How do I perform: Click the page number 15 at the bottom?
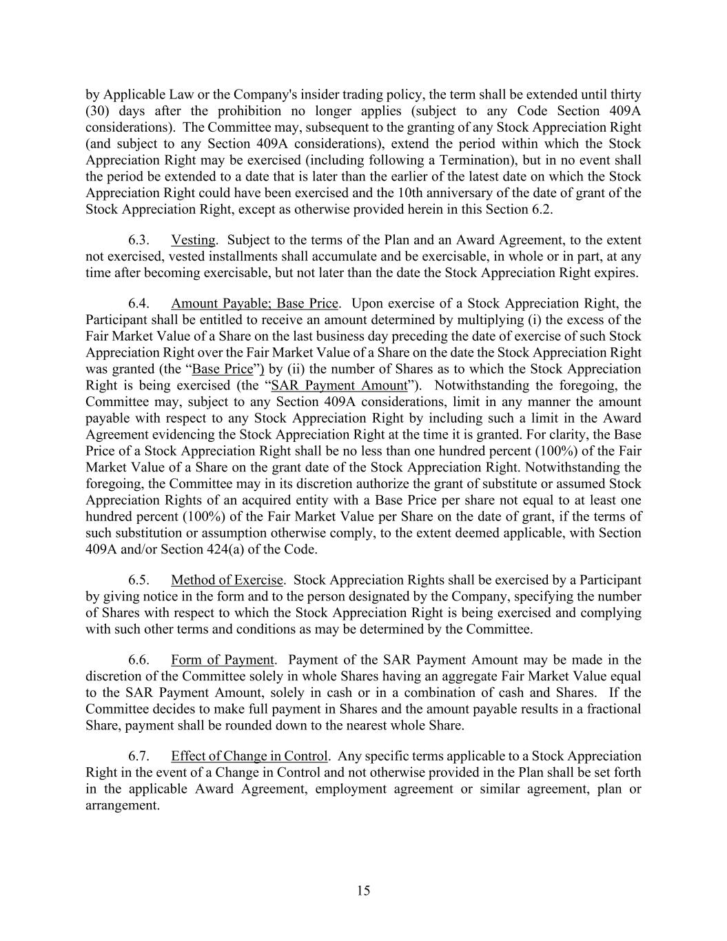click(x=363, y=891)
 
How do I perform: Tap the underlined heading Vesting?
click(x=193, y=240)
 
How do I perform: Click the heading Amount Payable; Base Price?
click(x=254, y=303)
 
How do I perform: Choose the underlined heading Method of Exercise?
click(x=227, y=580)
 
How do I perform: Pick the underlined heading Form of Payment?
click(x=223, y=660)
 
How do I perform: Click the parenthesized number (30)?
click(x=96, y=111)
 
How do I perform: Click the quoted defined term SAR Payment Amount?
click(x=340, y=385)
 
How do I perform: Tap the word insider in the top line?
click(x=373, y=94)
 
